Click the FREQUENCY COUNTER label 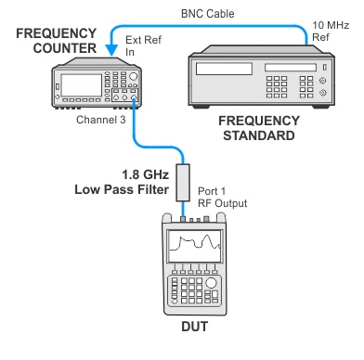click(57, 41)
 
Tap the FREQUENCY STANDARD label click(259, 128)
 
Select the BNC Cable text click(207, 14)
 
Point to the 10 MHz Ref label click(331, 31)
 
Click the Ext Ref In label click(143, 45)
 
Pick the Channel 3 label click(101, 120)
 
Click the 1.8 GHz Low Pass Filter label click(122, 182)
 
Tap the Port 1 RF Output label click(222, 198)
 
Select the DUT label click(195, 327)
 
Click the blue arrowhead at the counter click(111, 50)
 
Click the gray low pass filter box click(183, 183)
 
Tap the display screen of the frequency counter click(81, 85)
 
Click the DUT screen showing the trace click(195, 247)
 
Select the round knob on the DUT click(211, 283)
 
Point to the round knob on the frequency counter click(133, 76)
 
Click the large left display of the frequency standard click(224, 69)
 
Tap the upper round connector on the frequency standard click(322, 81)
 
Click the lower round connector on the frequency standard click(322, 92)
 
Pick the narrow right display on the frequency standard click(291, 67)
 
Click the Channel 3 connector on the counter click(134, 97)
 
